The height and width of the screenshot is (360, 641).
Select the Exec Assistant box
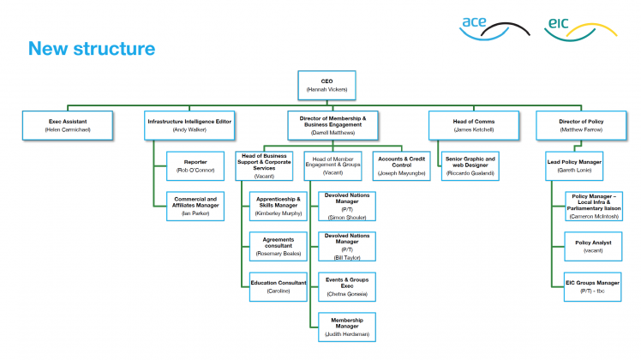[69, 125]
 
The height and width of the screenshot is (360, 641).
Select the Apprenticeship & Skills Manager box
[278, 207]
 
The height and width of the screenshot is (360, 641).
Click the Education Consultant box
[278, 287]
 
